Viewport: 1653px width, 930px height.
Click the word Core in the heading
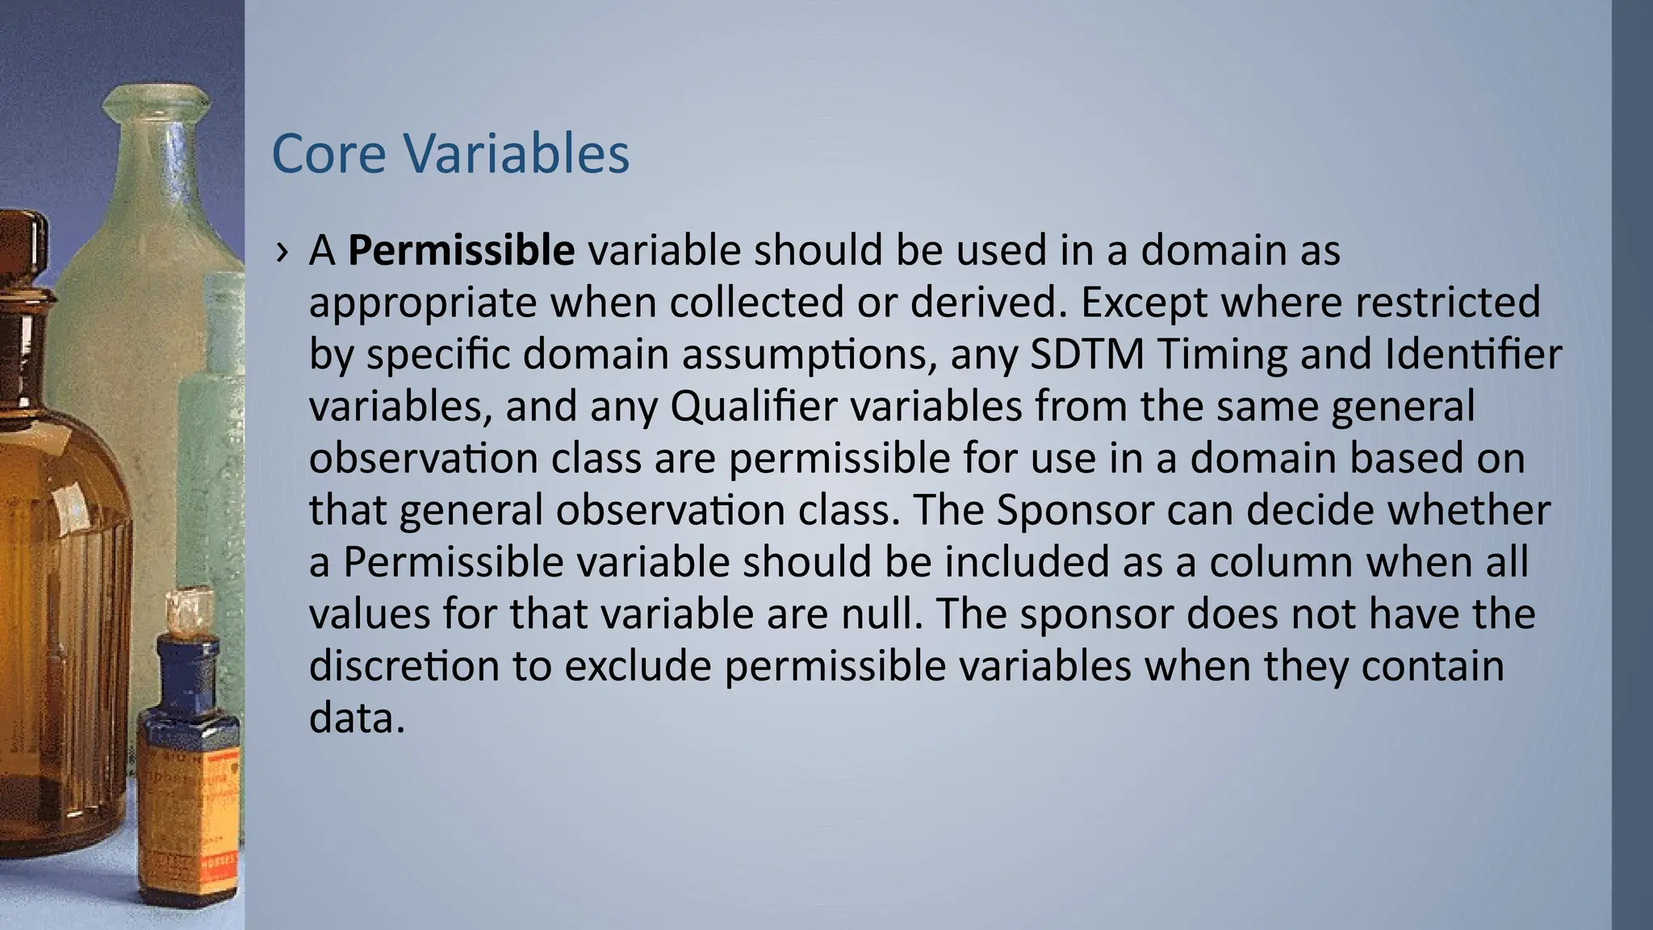click(x=329, y=153)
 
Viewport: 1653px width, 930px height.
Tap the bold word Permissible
click(x=461, y=250)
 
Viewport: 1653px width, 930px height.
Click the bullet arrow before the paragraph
click(x=281, y=252)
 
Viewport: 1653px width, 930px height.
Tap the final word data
click(x=356, y=718)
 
